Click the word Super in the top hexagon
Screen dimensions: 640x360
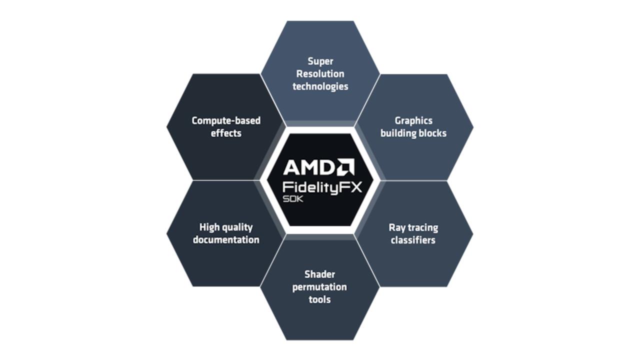(320, 61)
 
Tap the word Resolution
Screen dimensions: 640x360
(320, 74)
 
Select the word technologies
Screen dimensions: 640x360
(320, 86)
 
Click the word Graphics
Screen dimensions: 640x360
(413, 121)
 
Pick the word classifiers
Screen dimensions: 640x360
(413, 240)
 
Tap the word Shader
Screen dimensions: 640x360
(319, 274)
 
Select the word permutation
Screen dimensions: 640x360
(319, 287)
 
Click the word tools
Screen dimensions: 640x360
(319, 299)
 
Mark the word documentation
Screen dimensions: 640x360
(226, 239)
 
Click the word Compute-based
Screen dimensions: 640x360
(226, 121)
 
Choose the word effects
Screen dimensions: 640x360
(226, 133)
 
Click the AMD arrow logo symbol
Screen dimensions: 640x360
(345, 167)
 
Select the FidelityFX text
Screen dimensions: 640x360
(322, 187)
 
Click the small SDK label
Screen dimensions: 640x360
(292, 199)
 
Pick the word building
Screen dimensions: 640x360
(399, 133)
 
